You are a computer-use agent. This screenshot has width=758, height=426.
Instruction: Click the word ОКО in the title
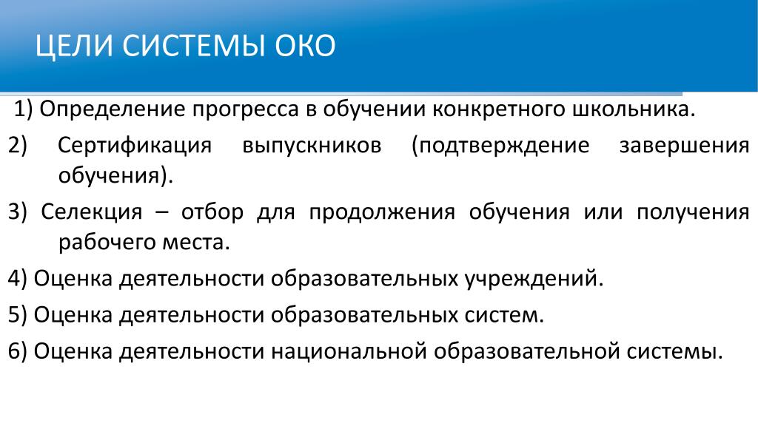(x=305, y=46)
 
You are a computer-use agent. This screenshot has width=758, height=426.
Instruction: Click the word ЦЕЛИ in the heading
(x=74, y=47)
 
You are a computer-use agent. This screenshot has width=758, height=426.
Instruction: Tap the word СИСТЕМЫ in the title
(x=194, y=46)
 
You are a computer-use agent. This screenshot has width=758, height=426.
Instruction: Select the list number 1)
(x=23, y=109)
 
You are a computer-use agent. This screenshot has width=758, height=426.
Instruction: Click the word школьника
(x=634, y=109)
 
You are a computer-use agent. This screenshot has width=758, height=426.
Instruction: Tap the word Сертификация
(x=135, y=146)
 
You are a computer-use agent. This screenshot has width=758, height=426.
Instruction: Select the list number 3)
(x=18, y=212)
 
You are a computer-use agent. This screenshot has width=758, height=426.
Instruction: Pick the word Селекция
(x=92, y=212)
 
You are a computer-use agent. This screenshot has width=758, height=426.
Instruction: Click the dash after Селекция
(x=162, y=213)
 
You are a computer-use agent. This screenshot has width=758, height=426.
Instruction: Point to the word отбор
(x=212, y=212)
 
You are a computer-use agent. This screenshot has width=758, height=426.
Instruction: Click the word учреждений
(x=534, y=279)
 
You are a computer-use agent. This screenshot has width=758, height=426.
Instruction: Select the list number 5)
(x=18, y=315)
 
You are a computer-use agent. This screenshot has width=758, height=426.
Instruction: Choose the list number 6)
(x=18, y=351)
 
